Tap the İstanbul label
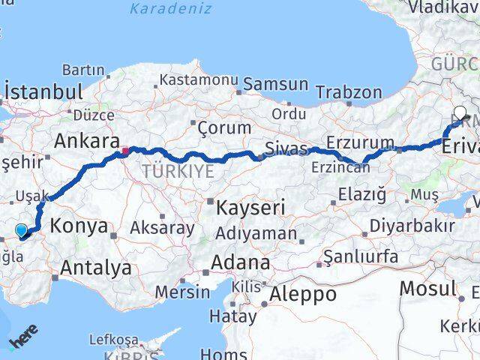(x=43, y=92)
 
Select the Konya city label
(x=78, y=226)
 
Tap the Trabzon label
(x=349, y=92)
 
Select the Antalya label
(x=96, y=266)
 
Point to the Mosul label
(x=427, y=288)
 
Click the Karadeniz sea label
(x=170, y=9)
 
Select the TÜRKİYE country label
(x=181, y=171)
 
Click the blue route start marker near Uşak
(x=21, y=231)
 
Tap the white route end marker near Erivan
(x=460, y=113)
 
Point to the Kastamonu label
(x=199, y=79)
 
